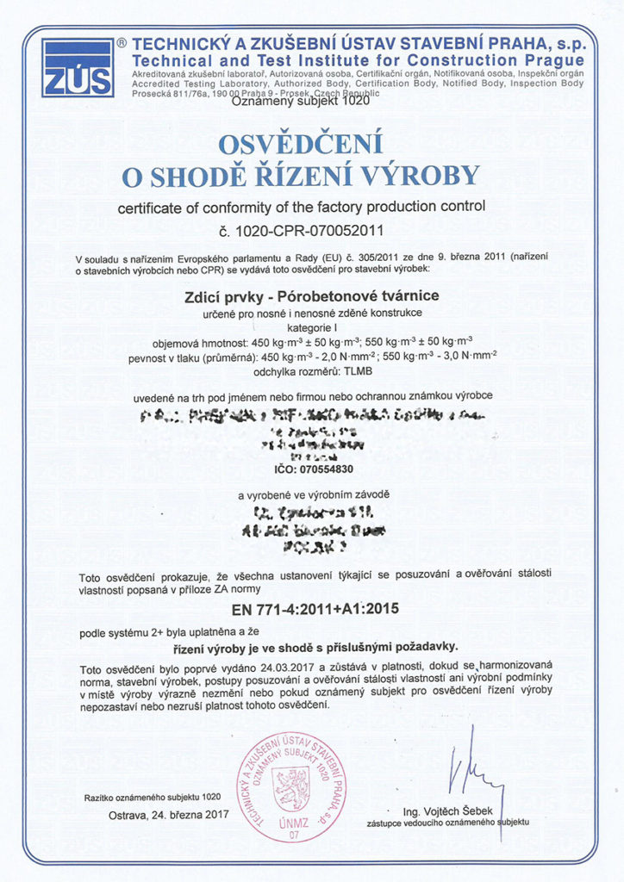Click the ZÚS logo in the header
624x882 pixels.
click(x=78, y=67)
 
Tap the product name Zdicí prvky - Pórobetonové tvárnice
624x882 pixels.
click(x=312, y=295)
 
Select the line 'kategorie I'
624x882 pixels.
click(x=312, y=327)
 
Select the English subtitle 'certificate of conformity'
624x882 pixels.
click(x=301, y=207)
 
